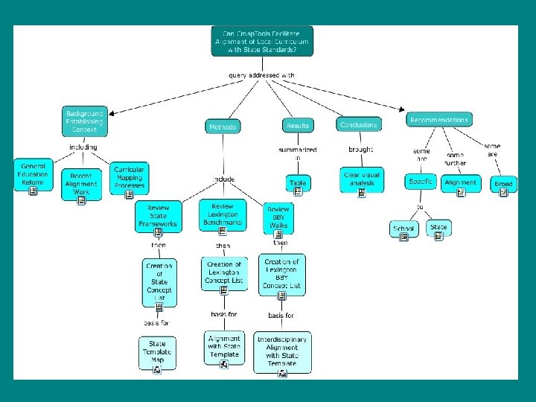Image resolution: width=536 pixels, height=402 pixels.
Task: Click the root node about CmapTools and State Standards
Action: click(262, 42)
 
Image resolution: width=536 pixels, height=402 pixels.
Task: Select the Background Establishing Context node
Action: click(84, 122)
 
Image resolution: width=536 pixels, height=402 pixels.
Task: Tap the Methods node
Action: click(223, 127)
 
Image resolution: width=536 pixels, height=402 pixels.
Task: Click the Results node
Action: click(297, 126)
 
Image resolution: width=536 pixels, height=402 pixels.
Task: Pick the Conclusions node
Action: click(358, 124)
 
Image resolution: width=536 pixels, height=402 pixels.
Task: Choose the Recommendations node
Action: click(439, 119)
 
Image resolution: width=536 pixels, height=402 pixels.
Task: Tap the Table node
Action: click(297, 182)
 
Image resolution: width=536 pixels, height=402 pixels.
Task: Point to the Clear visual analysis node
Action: click(362, 179)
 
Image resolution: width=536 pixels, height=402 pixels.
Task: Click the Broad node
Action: click(504, 184)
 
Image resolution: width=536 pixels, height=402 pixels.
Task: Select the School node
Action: click(403, 229)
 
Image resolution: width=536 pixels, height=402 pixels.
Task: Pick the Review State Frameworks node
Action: click(158, 215)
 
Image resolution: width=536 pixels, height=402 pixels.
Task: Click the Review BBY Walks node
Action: click(278, 217)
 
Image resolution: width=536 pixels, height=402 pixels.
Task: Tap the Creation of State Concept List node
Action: click(159, 281)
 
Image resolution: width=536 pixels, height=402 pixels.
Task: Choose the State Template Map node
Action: click(157, 352)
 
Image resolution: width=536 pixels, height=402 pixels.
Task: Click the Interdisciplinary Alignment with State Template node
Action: click(282, 351)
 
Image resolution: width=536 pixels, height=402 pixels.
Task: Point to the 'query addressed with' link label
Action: click(261, 75)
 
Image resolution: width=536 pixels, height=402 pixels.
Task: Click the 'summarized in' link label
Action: click(297, 153)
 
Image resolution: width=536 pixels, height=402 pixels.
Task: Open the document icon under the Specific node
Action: click(420, 192)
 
